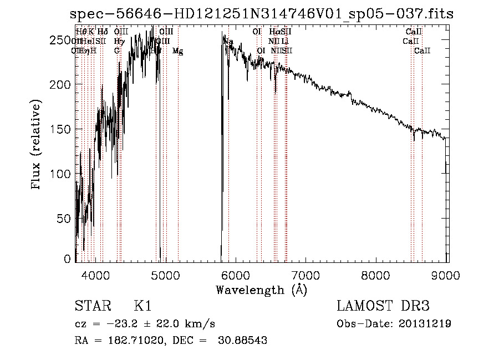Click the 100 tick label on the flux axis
(x=63, y=174)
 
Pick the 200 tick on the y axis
(x=63, y=84)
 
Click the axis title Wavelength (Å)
(x=261, y=290)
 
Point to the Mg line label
(x=177, y=51)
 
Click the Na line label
(x=228, y=41)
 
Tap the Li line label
(x=284, y=41)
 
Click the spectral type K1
(x=142, y=306)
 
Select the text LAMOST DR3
(x=383, y=306)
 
